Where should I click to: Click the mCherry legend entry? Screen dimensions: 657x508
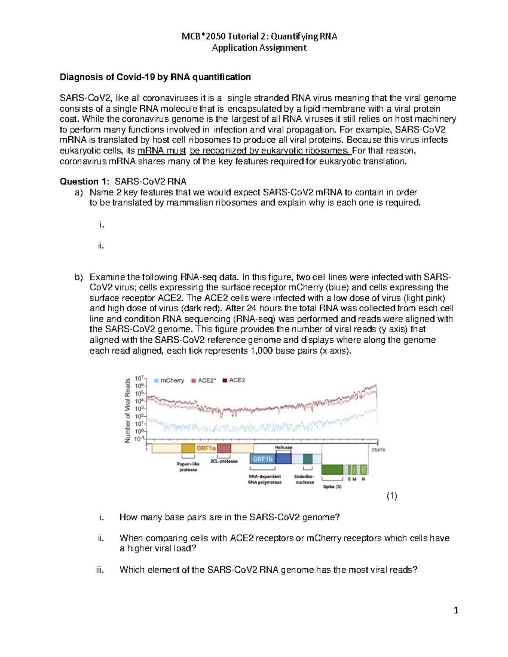(169, 380)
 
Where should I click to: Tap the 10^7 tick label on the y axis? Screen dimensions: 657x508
(139, 378)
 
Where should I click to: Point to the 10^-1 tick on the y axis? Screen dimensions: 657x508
(139, 439)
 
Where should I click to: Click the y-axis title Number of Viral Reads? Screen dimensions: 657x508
(127, 411)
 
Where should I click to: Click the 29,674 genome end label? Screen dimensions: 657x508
(378, 450)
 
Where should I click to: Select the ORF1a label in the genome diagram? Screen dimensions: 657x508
(206, 448)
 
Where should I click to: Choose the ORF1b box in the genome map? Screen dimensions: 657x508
(262, 459)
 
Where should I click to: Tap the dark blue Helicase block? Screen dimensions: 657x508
(284, 458)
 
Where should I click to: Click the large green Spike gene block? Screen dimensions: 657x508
(332, 469)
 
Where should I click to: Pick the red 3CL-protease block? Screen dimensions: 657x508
(224, 448)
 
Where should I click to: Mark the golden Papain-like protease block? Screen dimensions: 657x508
(188, 448)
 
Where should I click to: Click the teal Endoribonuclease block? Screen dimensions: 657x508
(308, 459)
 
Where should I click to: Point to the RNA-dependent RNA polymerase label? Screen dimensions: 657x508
(265, 479)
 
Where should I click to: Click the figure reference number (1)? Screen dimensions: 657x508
(392, 496)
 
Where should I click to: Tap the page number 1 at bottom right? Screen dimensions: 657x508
(456, 610)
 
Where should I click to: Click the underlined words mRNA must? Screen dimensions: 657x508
(162, 151)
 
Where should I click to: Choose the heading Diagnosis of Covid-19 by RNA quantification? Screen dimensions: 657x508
(155, 77)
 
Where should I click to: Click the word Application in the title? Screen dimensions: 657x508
(234, 48)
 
